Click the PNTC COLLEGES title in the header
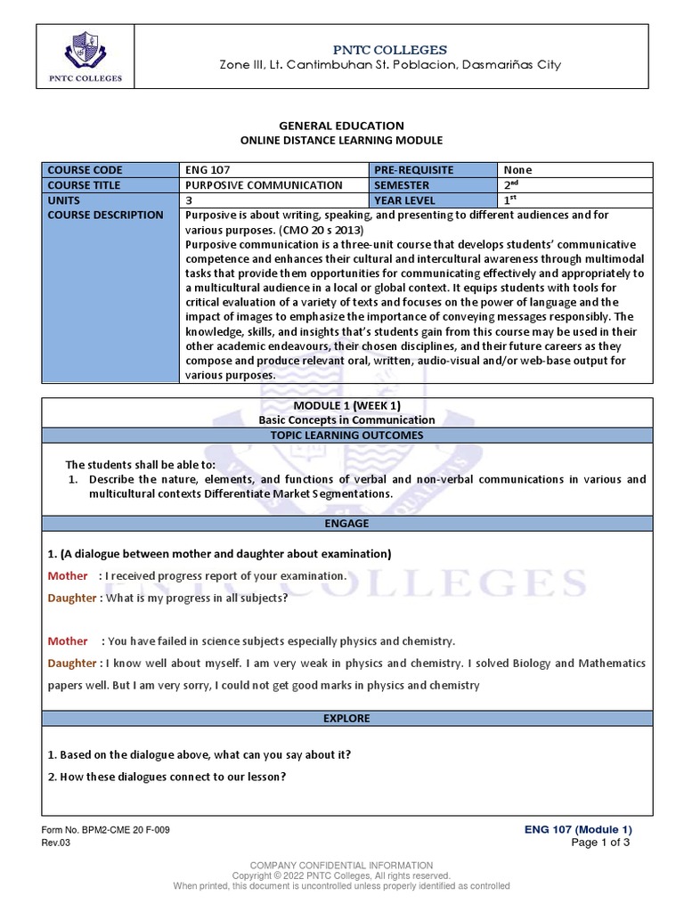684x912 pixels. click(396, 49)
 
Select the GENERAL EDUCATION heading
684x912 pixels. click(341, 126)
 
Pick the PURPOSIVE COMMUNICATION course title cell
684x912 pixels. click(264, 185)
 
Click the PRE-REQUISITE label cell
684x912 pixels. click(414, 170)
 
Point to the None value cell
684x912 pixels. click(518, 170)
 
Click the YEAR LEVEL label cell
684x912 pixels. click(407, 200)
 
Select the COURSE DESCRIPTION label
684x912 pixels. click(105, 216)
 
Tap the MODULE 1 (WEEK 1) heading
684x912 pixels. click(346, 405)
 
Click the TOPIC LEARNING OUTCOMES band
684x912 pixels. click(346, 435)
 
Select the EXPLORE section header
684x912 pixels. click(346, 718)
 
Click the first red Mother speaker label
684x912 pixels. click(68, 576)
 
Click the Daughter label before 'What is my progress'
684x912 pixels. click(72, 598)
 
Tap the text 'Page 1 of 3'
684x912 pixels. click(600, 843)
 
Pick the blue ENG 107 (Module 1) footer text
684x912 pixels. click(578, 829)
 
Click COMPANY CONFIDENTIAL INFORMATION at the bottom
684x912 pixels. click(341, 865)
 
